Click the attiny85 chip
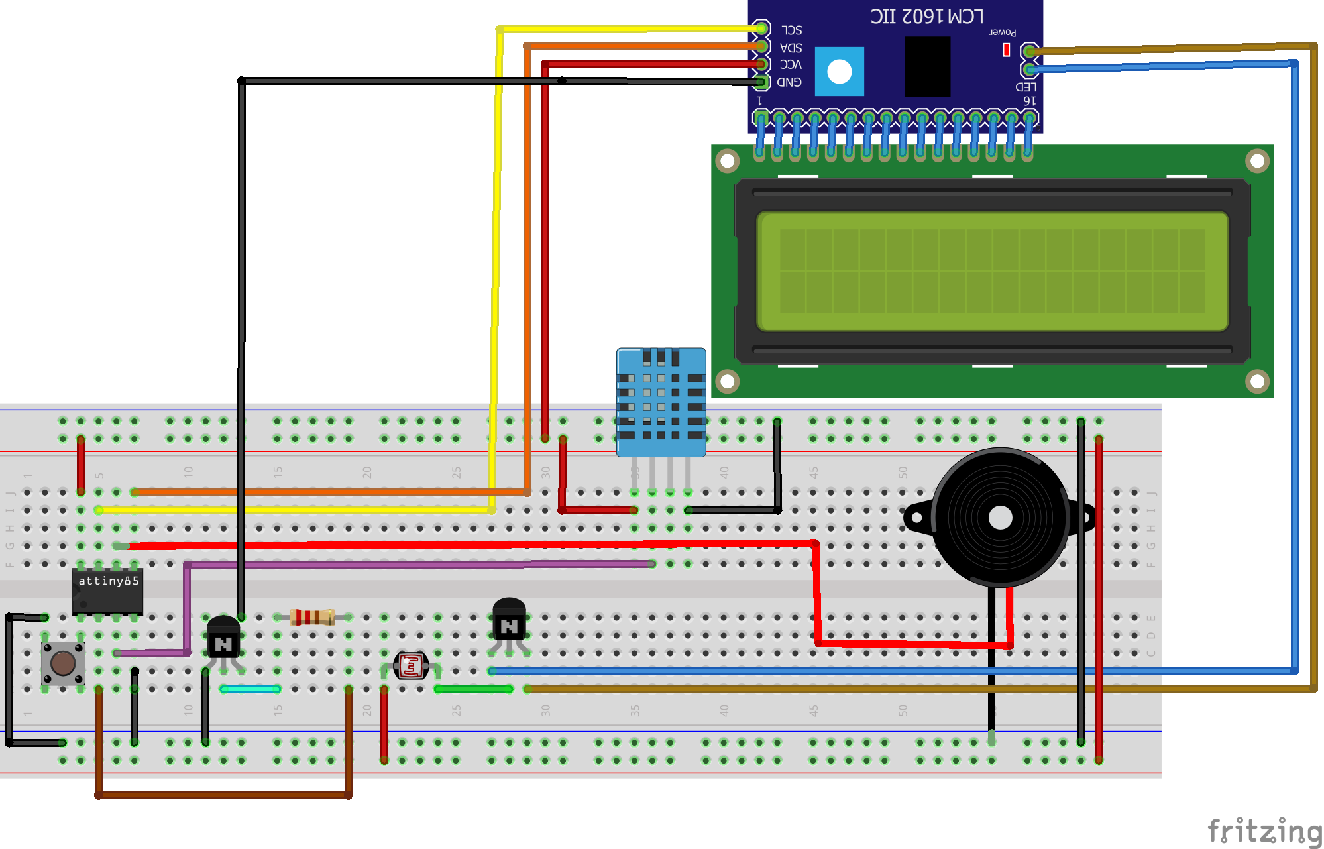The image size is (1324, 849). [107, 591]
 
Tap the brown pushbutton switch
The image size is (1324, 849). [63, 663]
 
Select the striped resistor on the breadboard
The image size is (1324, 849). [312, 618]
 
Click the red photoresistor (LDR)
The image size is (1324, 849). [411, 665]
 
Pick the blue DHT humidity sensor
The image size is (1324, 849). [661, 402]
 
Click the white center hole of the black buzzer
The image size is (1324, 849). [1000, 518]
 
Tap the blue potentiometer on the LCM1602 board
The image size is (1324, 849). [839, 72]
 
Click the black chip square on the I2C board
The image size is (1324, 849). [927, 66]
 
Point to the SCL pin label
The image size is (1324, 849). [791, 30]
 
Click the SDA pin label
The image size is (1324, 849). [791, 48]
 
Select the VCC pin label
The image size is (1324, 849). [791, 64]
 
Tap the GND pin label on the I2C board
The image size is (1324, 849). [789, 82]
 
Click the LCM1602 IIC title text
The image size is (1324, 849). [926, 16]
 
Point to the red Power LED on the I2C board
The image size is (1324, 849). [1006, 50]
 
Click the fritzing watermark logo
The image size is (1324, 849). [1263, 830]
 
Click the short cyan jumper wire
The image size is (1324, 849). [250, 689]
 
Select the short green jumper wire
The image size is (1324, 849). [473, 689]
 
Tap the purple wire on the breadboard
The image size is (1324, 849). [417, 565]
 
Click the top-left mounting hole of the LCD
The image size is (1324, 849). [727, 161]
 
